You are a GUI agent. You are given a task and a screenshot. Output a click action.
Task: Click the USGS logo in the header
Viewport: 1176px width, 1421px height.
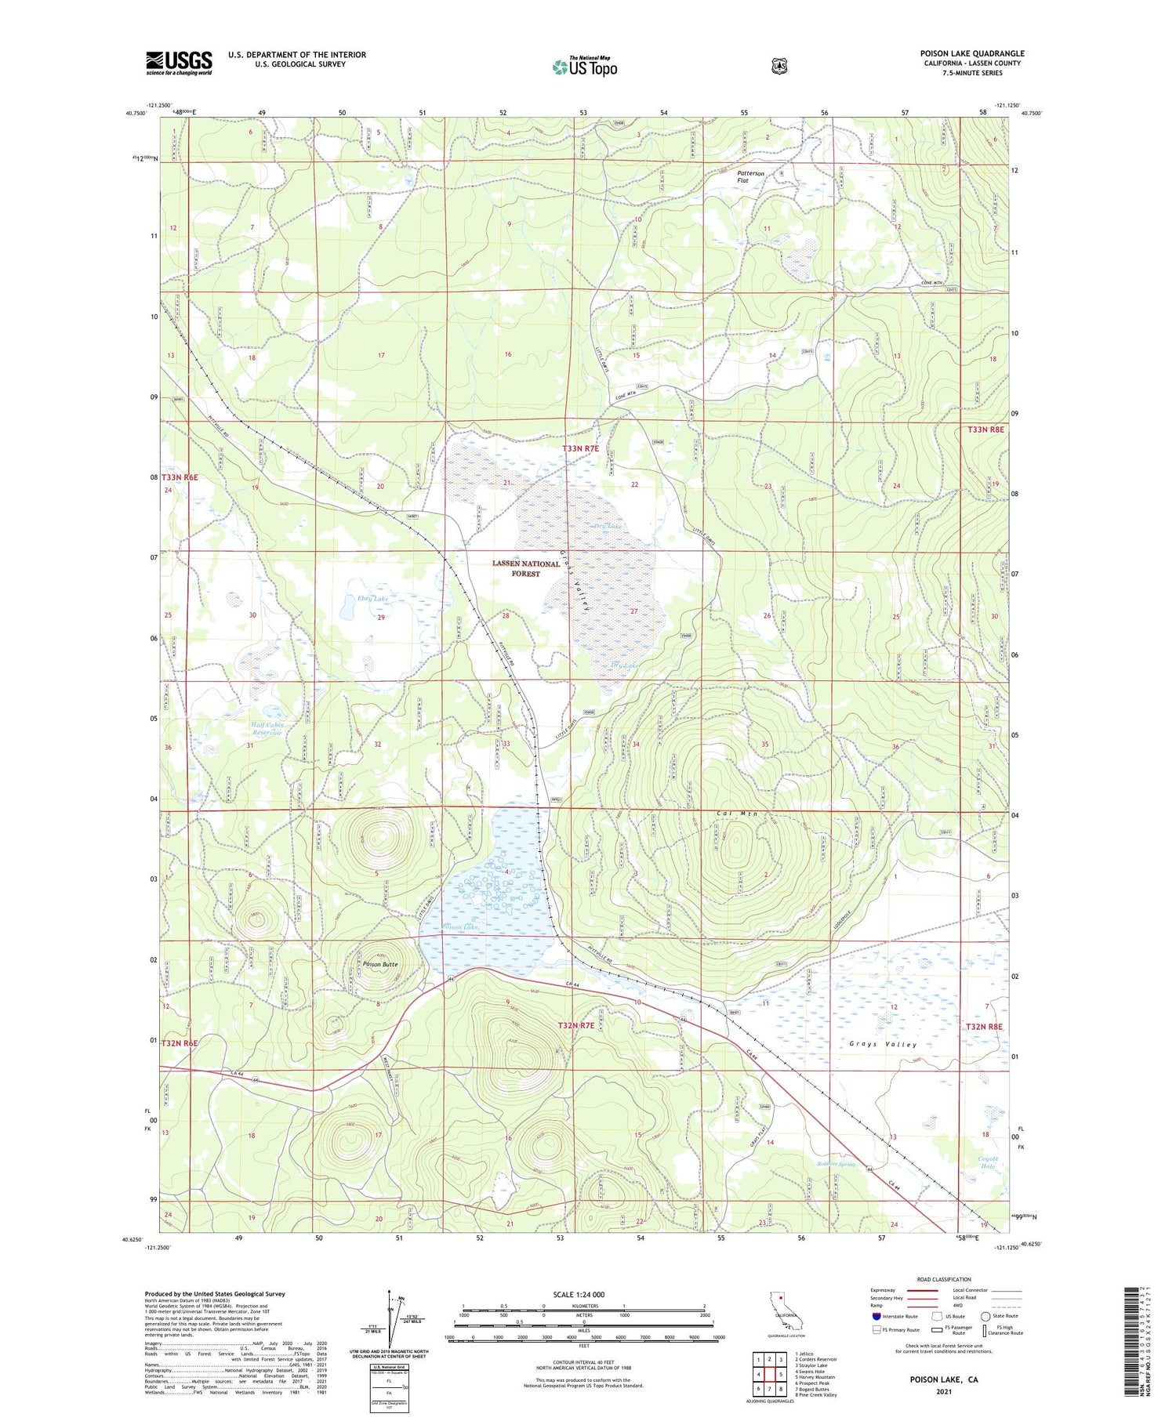179,63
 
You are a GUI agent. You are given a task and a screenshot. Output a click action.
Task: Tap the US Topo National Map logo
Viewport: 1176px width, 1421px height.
584,67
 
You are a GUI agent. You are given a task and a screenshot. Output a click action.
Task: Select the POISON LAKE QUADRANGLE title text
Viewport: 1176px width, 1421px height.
971,53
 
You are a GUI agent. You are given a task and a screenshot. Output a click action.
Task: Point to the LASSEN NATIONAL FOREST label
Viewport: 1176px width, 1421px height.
526,568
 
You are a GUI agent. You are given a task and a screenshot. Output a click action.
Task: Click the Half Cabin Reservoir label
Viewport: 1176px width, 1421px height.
267,729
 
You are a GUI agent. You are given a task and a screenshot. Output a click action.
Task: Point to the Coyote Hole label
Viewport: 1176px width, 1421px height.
988,1162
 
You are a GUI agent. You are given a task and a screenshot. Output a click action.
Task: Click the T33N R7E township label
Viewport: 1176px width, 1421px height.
580,448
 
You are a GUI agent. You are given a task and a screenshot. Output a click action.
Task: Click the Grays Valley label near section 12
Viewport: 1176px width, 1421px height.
883,1044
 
